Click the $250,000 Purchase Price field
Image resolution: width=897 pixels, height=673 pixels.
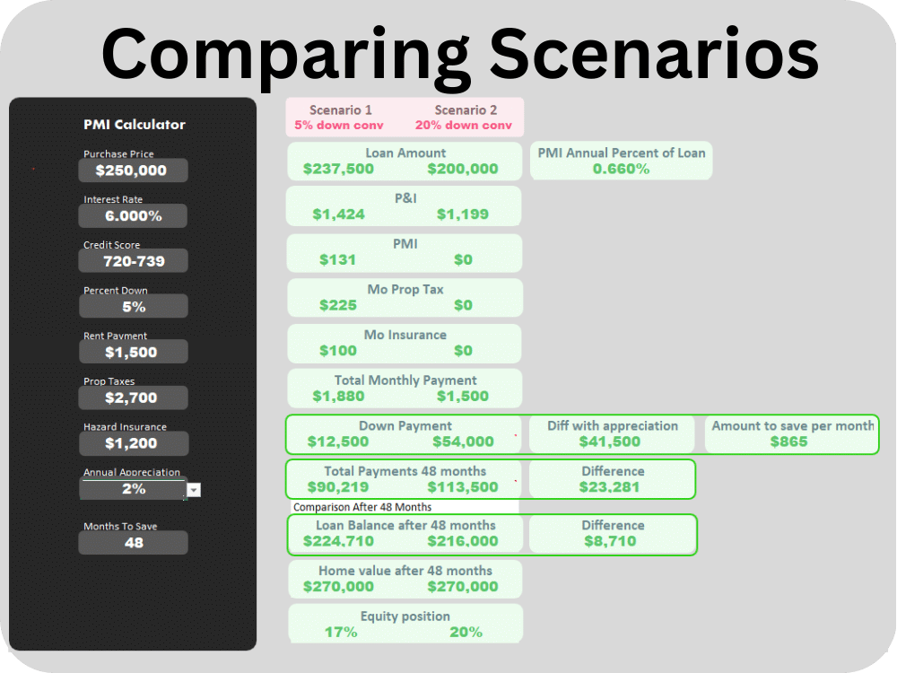[x=133, y=170]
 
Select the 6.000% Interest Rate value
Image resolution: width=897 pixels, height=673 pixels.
[x=133, y=215]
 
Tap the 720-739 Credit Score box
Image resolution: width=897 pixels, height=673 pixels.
[x=133, y=261]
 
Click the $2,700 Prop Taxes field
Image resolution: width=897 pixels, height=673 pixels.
[x=133, y=398]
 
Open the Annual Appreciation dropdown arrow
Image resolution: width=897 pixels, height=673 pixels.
[x=194, y=490]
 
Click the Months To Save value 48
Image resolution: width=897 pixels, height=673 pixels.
[x=133, y=543]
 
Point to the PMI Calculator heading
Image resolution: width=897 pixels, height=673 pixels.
[x=135, y=124]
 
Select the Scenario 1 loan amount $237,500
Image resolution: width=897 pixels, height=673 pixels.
[x=339, y=169]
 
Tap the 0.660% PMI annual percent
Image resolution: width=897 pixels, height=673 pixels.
[x=622, y=169]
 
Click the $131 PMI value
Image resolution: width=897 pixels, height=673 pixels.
[x=337, y=260]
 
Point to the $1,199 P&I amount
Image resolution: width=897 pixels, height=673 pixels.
[x=463, y=214]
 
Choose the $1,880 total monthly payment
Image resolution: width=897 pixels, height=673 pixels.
[x=339, y=396]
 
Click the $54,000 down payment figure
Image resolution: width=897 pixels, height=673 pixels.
[x=464, y=441]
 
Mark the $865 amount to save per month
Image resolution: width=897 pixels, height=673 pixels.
[x=788, y=441]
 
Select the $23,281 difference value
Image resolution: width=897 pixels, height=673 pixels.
[x=609, y=487]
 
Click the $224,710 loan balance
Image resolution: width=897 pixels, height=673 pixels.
[x=339, y=541]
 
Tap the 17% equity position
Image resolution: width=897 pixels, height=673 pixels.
[x=341, y=632]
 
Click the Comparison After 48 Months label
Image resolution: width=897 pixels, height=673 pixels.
[x=362, y=507]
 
